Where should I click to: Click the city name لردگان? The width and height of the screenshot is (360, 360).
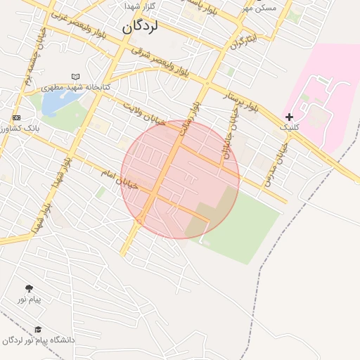point(149,27)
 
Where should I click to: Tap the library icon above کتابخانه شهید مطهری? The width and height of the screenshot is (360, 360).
point(76,77)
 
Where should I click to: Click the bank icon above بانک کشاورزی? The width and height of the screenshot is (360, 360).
point(16,117)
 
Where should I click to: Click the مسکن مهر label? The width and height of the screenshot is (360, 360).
point(259,7)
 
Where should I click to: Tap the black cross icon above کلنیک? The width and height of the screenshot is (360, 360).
point(289,116)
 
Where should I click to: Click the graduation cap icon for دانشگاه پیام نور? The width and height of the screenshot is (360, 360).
point(37,329)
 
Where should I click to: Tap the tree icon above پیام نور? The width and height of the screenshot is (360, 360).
point(29,288)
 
